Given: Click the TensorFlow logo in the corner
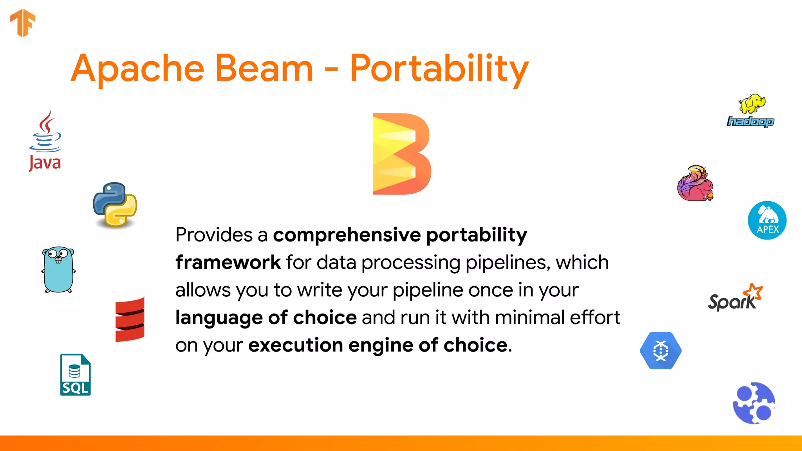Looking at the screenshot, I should pos(23,23).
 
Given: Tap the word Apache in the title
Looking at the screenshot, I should pos(137,70).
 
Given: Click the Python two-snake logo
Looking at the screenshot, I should pos(115,204).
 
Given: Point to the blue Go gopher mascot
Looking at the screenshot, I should pos(58,270).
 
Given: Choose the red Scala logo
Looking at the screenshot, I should pos(130,319).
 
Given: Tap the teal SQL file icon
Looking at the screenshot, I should pos(75,375).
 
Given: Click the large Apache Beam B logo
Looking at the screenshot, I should pos(401,154).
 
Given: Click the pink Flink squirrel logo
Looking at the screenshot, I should pos(695,183).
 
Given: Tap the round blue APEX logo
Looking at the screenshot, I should pos(767,220).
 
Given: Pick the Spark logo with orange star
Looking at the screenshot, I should pos(735,298).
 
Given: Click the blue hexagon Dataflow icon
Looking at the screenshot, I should pos(661,350).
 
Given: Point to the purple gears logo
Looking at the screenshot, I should pos(754,403).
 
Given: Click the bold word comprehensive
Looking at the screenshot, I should pos(347,235).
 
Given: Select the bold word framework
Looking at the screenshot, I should pos(228,263).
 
